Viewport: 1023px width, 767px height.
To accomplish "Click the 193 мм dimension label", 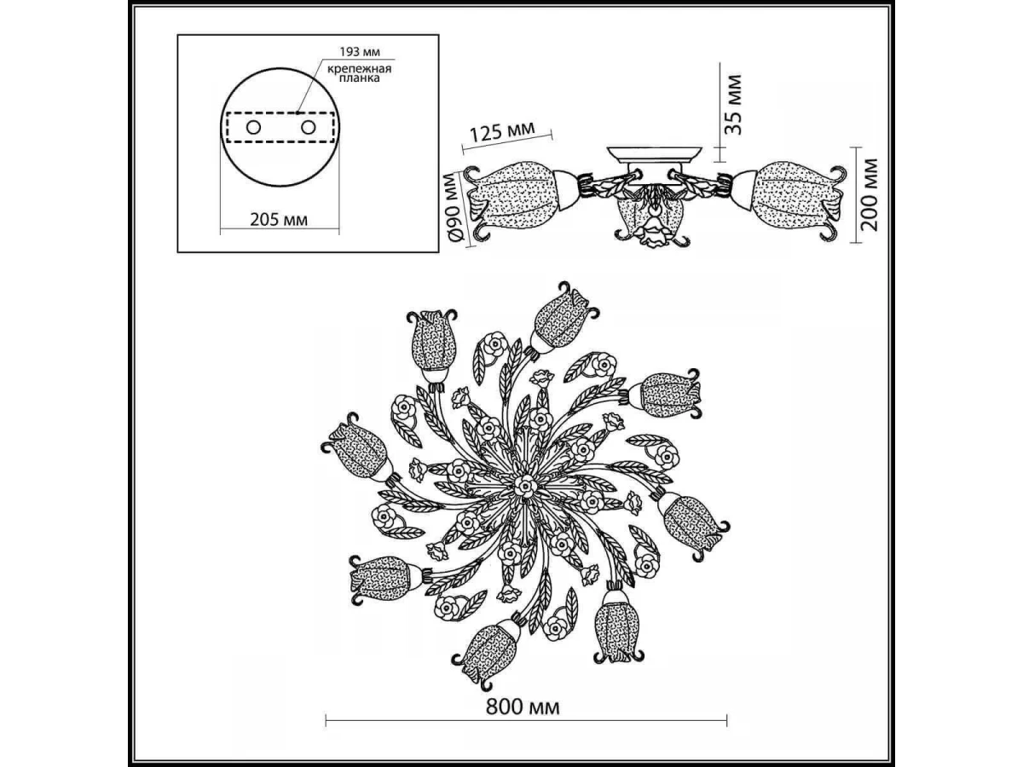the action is coord(360,51).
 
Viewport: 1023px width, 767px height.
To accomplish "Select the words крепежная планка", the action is coord(359,73).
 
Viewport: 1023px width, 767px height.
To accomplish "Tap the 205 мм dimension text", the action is coord(279,219).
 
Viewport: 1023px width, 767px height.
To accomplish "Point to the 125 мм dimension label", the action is coord(501,131).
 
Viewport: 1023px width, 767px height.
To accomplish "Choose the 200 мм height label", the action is coord(870,194).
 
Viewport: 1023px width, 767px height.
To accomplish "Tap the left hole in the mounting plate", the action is coord(253,127).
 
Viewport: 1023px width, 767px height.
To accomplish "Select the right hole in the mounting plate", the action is coord(308,127).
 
